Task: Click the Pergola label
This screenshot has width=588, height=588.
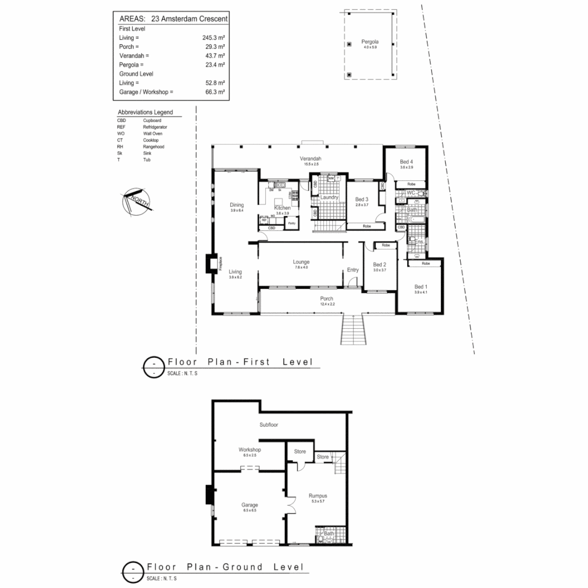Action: click(x=370, y=42)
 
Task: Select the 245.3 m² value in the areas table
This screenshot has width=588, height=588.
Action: click(x=213, y=38)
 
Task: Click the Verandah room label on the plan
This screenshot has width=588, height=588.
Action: click(x=309, y=158)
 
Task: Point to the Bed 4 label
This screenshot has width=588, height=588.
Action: click(x=407, y=162)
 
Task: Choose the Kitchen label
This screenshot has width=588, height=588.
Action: click(x=282, y=208)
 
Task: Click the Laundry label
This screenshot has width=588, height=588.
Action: click(x=329, y=197)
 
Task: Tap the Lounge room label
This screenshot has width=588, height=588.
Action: click(x=301, y=262)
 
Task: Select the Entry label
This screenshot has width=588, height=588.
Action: click(x=353, y=270)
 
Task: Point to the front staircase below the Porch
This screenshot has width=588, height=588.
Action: click(x=351, y=329)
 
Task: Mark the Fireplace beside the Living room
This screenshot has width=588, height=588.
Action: click(x=210, y=264)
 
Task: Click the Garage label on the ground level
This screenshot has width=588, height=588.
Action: click(x=250, y=505)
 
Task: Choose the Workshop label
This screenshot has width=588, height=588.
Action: click(x=250, y=450)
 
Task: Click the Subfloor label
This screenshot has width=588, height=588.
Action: click(x=268, y=424)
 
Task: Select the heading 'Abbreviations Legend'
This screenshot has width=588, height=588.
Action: click(x=145, y=112)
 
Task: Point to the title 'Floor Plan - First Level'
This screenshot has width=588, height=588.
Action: click(x=240, y=362)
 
